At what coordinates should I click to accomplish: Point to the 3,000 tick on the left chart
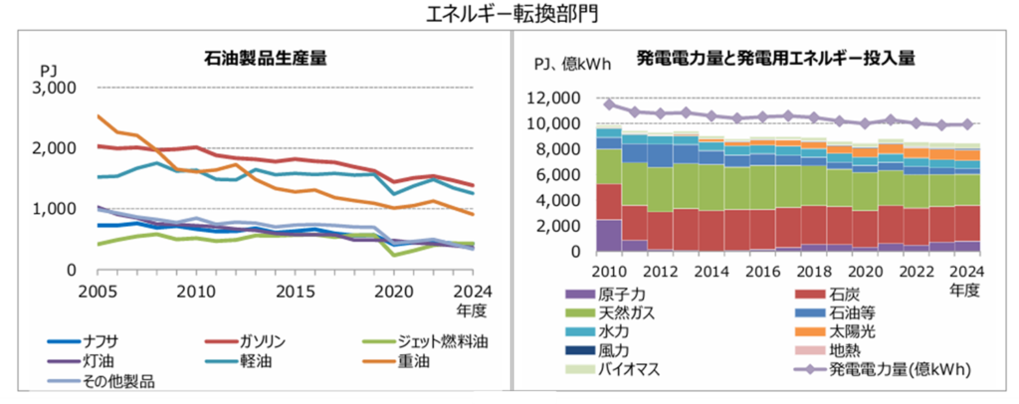(56, 88)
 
